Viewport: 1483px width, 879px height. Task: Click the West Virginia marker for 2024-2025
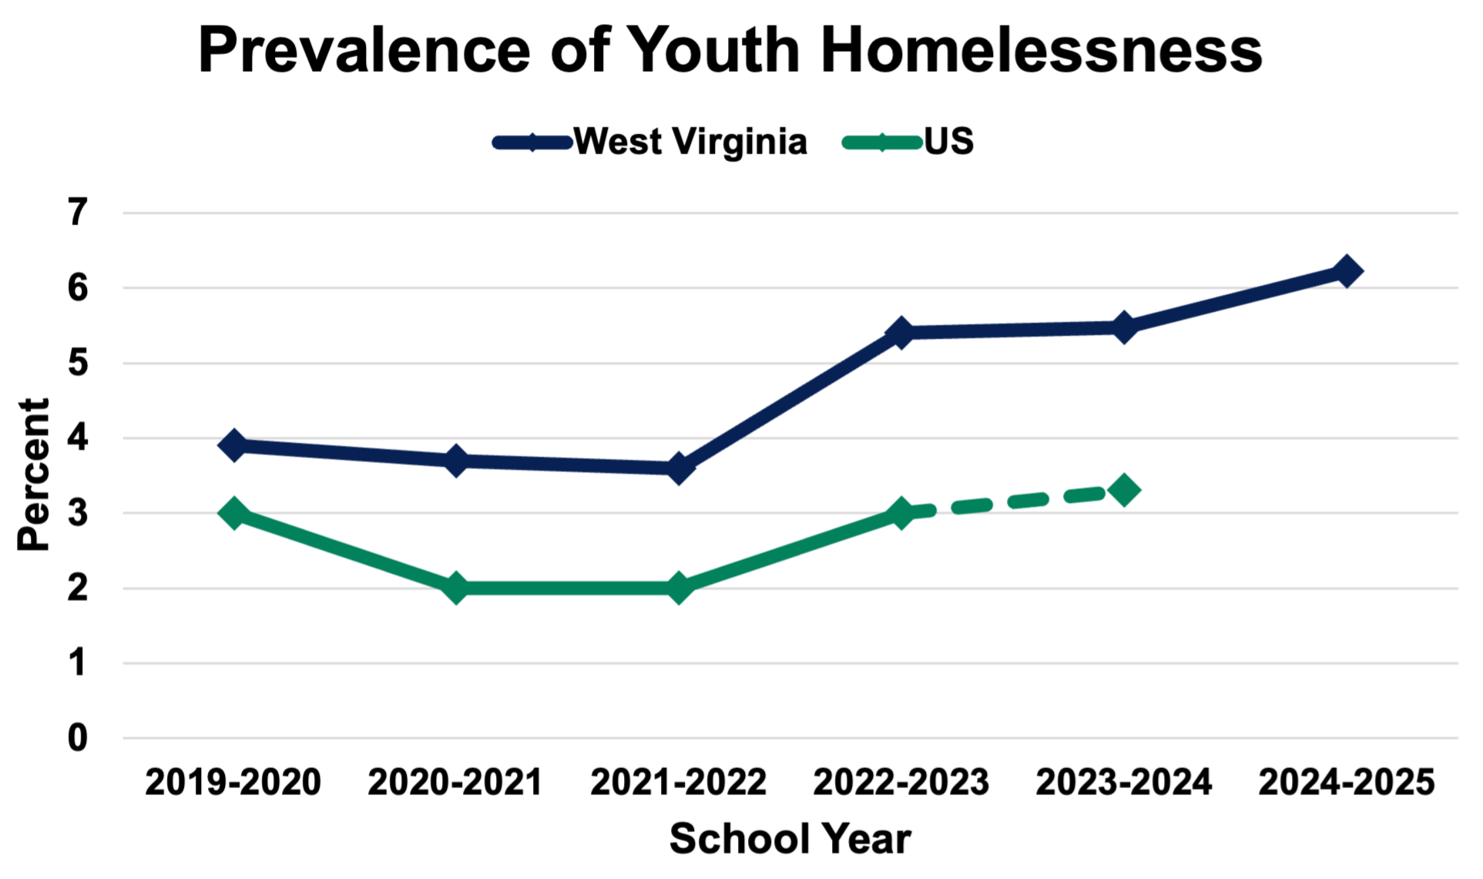click(1347, 271)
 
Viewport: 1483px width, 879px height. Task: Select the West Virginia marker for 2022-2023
click(901, 333)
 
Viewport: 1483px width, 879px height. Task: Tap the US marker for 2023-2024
click(1124, 489)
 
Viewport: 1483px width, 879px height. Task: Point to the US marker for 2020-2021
click(455, 588)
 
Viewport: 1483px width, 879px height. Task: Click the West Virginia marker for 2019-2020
click(233, 445)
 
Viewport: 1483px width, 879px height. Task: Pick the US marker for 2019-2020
click(233, 512)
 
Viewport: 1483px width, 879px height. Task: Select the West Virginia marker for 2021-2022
click(679, 468)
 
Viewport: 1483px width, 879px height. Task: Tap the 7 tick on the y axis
click(78, 213)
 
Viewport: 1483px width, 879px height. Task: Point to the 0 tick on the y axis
click(78, 738)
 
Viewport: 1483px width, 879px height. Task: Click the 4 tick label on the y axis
click(78, 438)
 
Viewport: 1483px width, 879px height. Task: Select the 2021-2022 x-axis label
click(679, 783)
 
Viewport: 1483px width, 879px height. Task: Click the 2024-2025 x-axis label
click(1347, 783)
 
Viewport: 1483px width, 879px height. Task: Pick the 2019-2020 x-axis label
click(233, 783)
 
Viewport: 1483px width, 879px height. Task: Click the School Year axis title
click(790, 839)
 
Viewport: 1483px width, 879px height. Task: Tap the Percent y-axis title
click(34, 474)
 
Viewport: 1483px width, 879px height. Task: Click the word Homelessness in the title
click(1041, 51)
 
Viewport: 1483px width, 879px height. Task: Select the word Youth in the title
click(713, 51)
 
